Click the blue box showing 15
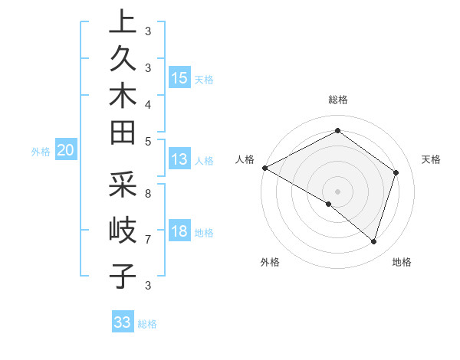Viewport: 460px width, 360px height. pos(179,78)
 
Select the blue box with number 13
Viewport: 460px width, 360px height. pos(179,160)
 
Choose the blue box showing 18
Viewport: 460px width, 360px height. pos(179,231)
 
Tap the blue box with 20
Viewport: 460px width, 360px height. pos(66,151)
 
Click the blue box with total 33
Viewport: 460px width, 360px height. pos(123,322)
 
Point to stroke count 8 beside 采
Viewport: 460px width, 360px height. pos(147,193)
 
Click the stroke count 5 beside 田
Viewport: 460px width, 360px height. pos(147,140)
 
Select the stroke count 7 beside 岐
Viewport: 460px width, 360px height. pos(147,239)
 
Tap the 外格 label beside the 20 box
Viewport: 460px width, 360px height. pos(41,152)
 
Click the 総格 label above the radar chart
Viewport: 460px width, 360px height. pos(338,100)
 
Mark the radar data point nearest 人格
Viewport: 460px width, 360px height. pos(264,168)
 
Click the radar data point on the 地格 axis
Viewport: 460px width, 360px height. pos(373,241)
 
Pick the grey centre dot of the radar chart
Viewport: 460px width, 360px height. pos(337,191)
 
